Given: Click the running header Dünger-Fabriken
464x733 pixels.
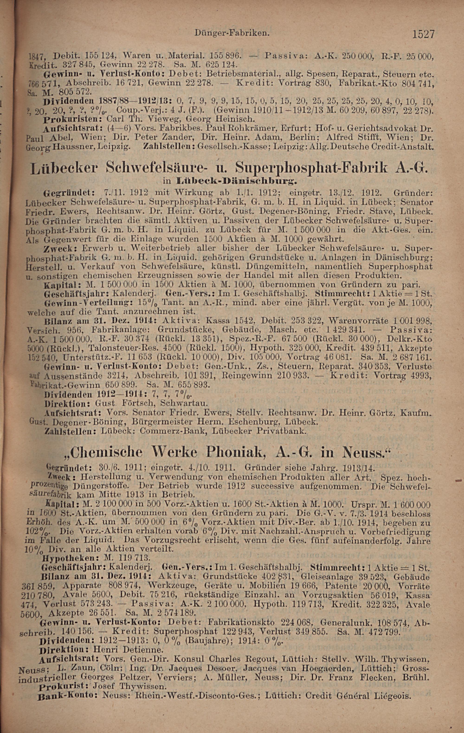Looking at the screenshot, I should click(x=232, y=32).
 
